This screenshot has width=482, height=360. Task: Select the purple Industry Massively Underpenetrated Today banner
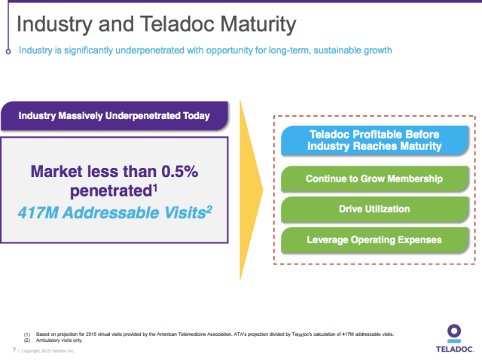[x=114, y=117]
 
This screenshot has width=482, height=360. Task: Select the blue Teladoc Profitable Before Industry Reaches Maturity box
[x=375, y=140]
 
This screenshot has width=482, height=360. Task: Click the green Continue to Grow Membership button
[x=374, y=179]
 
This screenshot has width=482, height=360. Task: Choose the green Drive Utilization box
[x=374, y=209]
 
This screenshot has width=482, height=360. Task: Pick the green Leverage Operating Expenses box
[x=374, y=239]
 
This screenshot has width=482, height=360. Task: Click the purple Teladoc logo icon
[x=453, y=332]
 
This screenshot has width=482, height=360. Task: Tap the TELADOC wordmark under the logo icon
[x=453, y=349]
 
